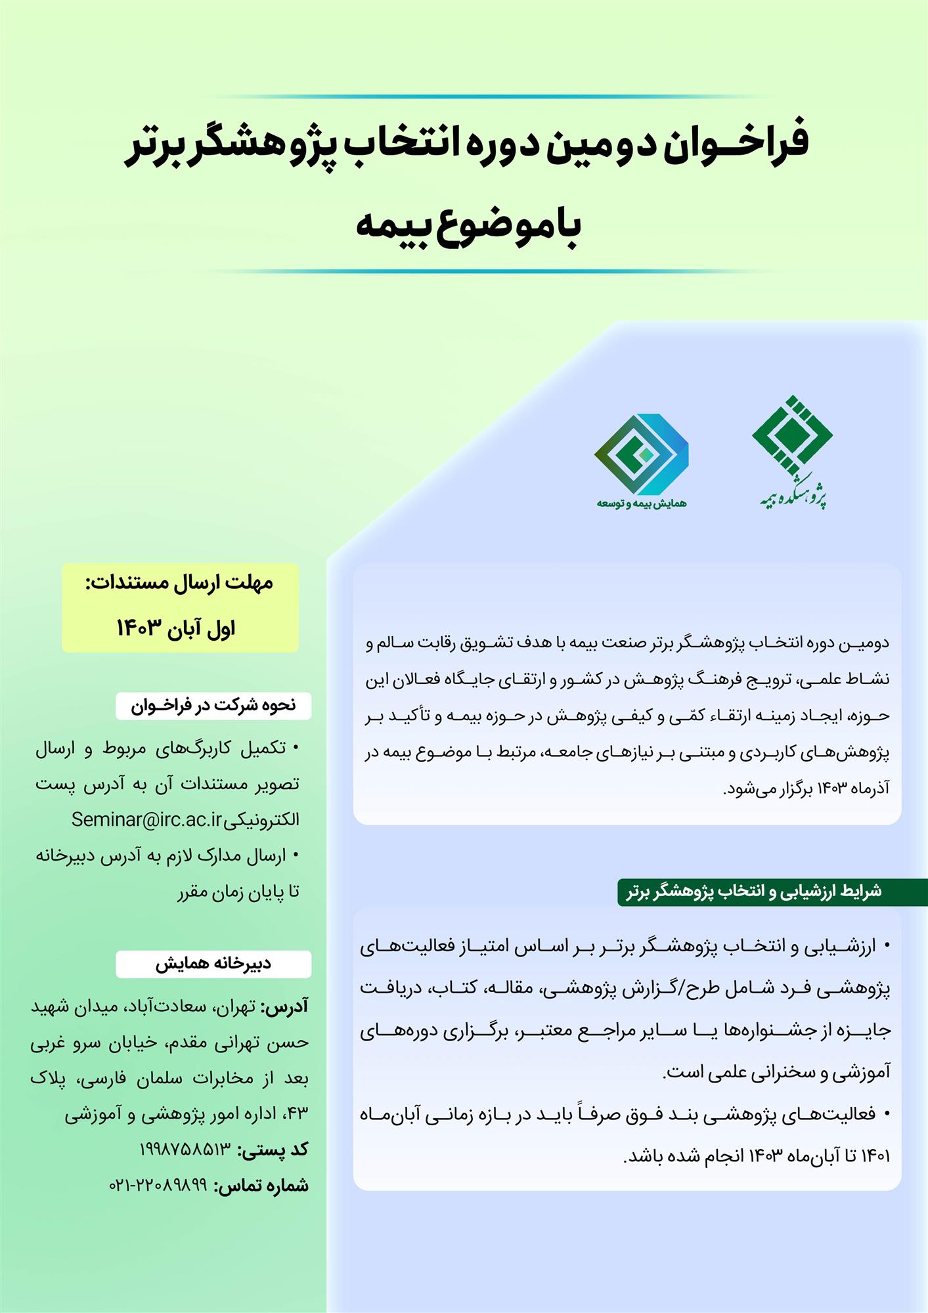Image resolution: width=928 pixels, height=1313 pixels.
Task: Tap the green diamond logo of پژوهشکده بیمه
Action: coord(792,436)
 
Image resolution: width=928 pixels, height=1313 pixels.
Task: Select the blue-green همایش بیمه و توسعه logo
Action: coord(641,454)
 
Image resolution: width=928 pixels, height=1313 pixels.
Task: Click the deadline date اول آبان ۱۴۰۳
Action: coord(176,628)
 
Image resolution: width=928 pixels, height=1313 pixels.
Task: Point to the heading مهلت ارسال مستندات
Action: coord(179,583)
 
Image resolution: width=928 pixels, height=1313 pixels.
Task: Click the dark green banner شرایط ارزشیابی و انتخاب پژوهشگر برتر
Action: coord(754,892)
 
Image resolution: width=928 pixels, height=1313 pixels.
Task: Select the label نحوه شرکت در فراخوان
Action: coord(213,706)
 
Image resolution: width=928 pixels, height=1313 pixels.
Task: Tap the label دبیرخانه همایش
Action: coord(213,964)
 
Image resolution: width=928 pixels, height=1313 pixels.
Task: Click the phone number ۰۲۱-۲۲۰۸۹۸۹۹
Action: coord(158,1185)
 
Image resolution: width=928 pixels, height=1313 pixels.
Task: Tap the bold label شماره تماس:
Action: coord(261,1185)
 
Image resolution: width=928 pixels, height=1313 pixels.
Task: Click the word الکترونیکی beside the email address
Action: coord(262,820)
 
